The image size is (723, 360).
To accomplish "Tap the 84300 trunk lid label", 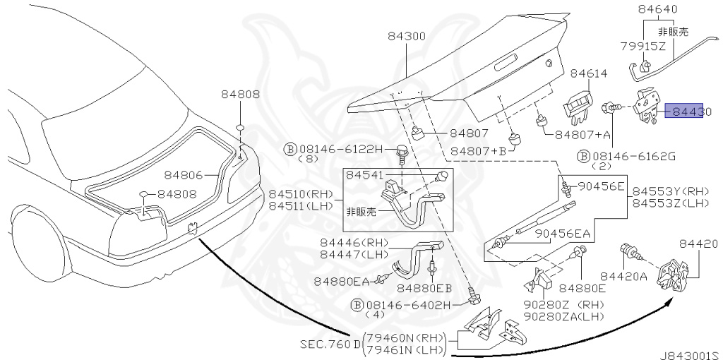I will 406,36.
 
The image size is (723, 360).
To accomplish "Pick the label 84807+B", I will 479,150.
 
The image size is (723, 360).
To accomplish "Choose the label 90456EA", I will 562,233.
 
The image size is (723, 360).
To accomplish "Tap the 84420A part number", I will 623,276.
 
